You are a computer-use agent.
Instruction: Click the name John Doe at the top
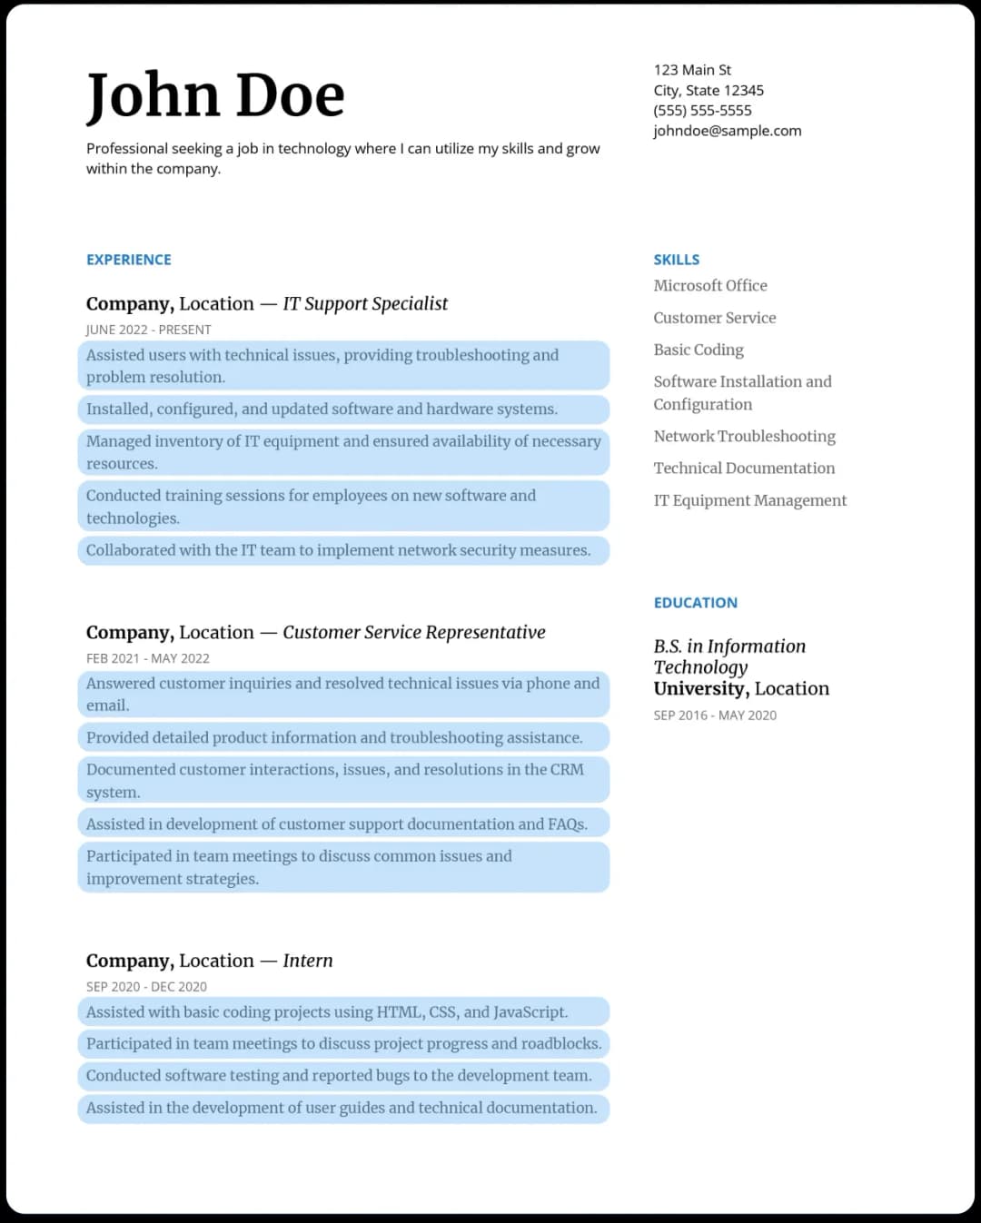tap(215, 95)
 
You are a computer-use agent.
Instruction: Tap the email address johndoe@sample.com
tap(727, 131)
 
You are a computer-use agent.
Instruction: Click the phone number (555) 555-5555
tap(702, 111)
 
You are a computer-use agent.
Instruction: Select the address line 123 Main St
tap(692, 70)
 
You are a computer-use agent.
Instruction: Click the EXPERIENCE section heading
tap(129, 260)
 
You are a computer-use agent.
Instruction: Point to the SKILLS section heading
tap(677, 260)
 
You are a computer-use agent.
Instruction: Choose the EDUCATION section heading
tap(696, 603)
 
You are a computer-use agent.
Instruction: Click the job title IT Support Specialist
tap(365, 304)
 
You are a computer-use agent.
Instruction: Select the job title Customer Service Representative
tap(413, 633)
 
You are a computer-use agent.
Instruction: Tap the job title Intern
tap(307, 961)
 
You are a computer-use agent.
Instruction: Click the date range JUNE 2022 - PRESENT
tap(148, 330)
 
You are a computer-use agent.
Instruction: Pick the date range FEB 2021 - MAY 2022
tap(147, 658)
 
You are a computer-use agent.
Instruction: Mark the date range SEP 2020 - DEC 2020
tap(146, 987)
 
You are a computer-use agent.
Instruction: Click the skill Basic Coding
tap(699, 350)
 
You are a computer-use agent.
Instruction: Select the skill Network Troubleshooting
tap(744, 437)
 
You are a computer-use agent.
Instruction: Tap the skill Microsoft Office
tap(710, 286)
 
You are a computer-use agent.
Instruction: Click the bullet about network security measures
tap(338, 550)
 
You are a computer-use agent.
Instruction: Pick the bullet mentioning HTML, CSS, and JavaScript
tap(327, 1012)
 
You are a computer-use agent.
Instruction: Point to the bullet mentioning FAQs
tap(336, 824)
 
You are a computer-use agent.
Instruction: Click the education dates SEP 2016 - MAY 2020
tap(715, 715)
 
